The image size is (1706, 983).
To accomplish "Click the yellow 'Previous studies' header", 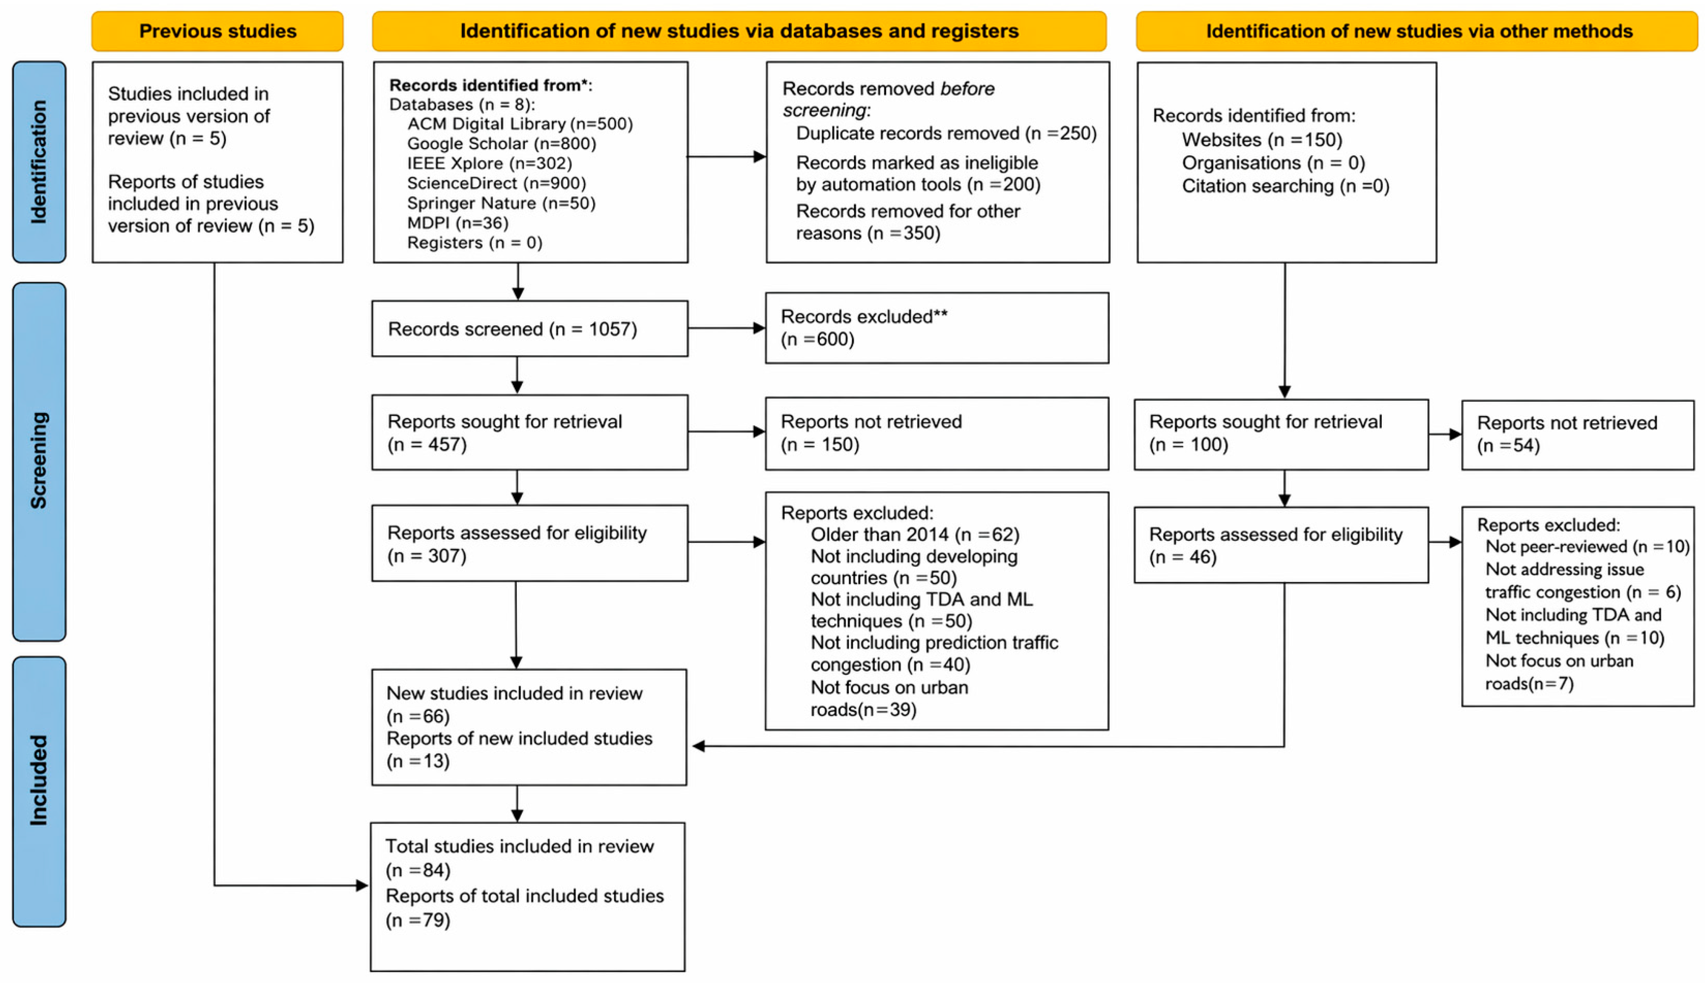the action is coord(217,31).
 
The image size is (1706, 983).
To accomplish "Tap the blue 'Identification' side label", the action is coord(39,162).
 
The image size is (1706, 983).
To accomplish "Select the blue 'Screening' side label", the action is coord(39,461).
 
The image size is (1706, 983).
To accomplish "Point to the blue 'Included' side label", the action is coord(39,791).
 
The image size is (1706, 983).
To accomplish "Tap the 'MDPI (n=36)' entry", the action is coord(458,223).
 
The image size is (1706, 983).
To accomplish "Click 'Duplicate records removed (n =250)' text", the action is coord(947,133).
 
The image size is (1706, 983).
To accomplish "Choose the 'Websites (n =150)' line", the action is coord(1262,140).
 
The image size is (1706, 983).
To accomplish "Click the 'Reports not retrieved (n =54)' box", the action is coord(1578,435).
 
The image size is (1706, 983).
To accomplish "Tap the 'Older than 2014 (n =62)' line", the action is coord(915,535).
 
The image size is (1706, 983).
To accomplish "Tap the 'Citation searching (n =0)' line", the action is coord(1285,186).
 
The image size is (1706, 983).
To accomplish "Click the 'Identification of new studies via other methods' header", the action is coord(1416,31).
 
